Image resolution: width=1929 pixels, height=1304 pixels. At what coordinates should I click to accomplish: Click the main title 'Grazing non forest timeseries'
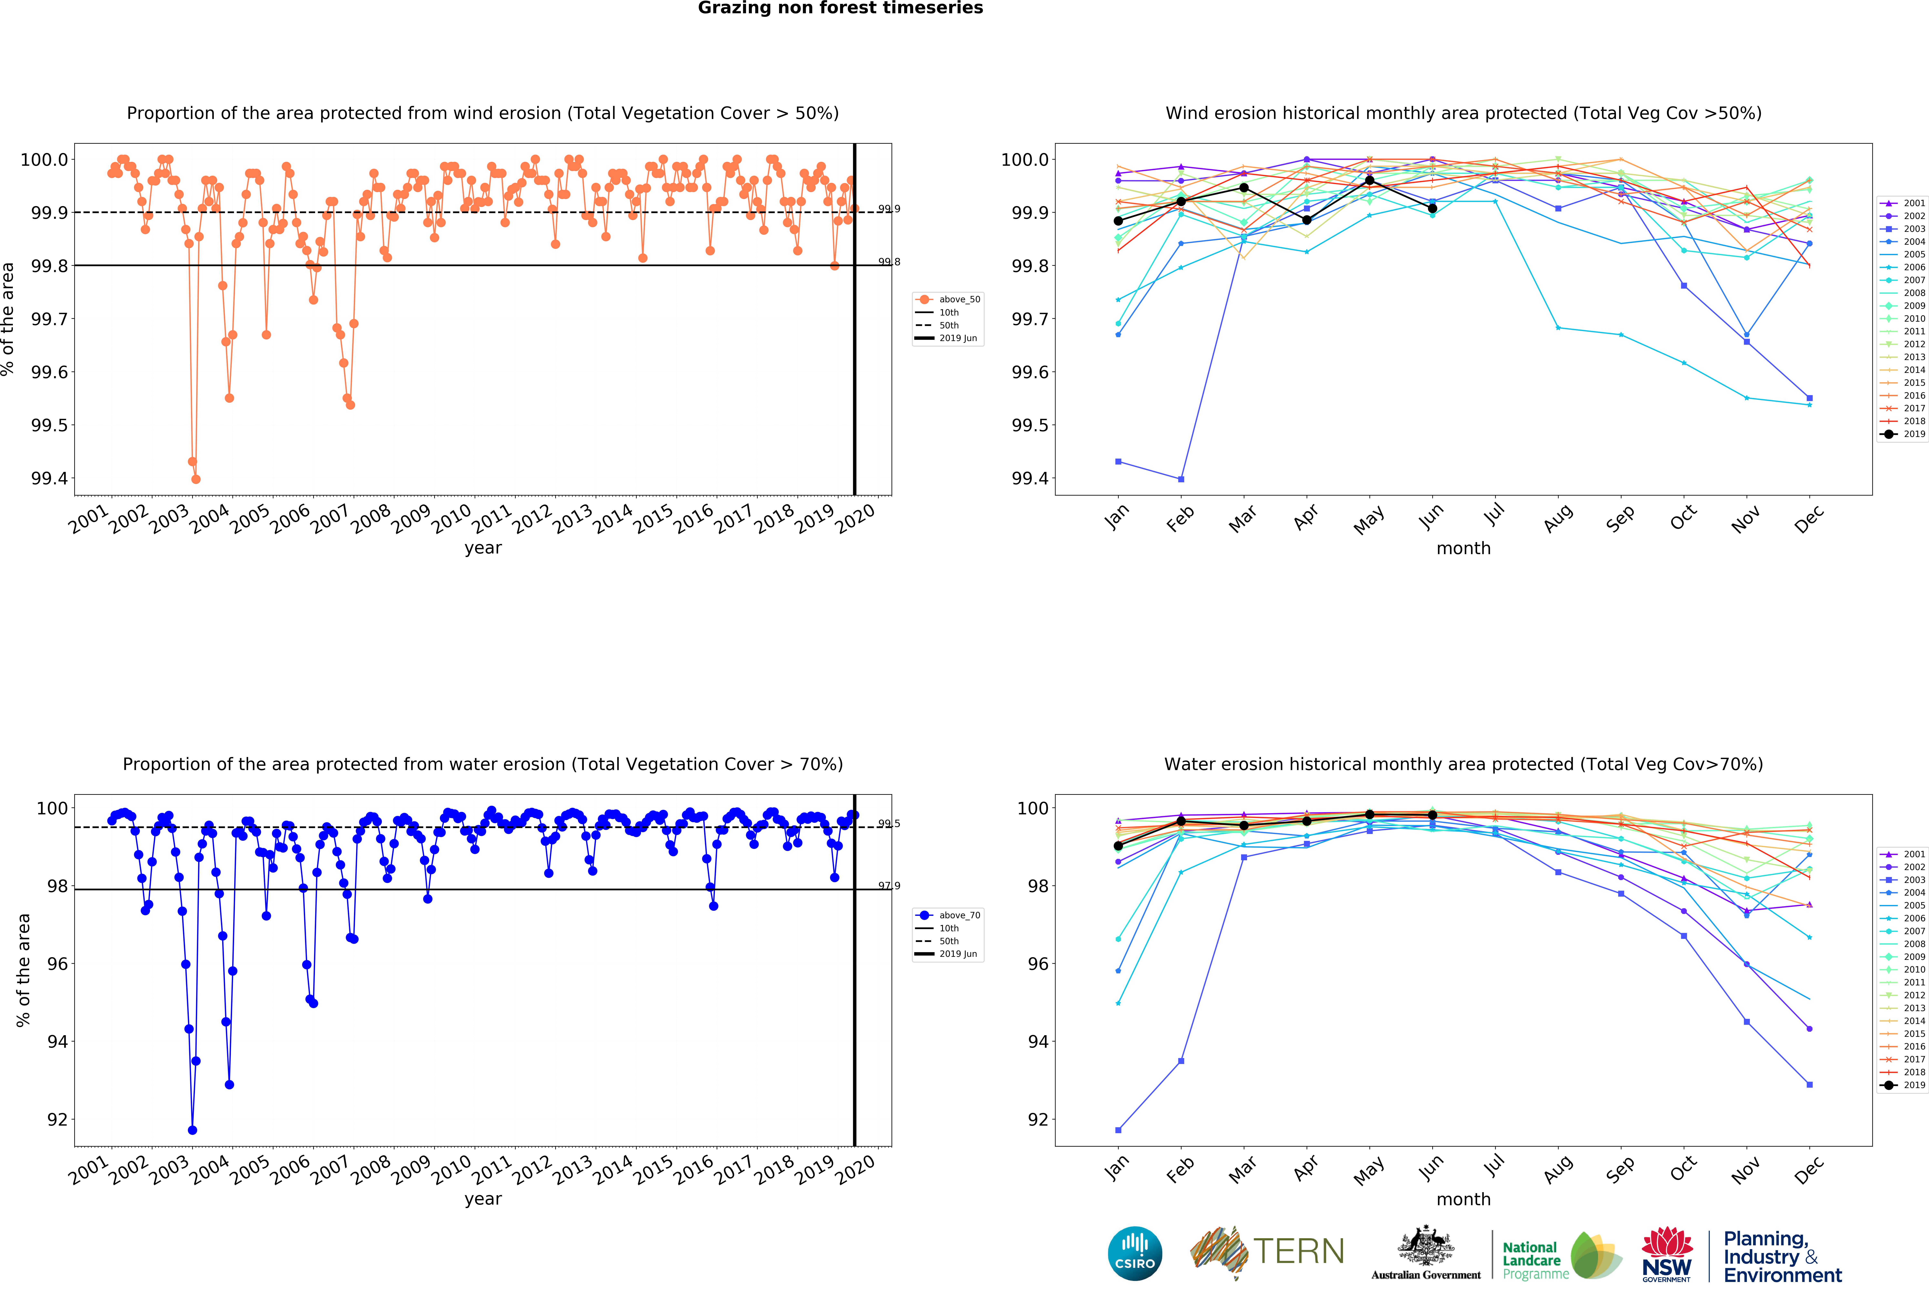(840, 8)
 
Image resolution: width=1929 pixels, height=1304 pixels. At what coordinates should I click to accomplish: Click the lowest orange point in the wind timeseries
(196, 479)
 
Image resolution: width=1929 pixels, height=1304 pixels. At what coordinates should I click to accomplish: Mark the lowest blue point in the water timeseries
(193, 1130)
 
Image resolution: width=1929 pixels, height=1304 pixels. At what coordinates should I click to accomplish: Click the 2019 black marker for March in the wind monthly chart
(1243, 188)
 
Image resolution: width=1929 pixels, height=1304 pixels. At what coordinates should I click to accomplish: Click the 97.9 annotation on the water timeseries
(889, 886)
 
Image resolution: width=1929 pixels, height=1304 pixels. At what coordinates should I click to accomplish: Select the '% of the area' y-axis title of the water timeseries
(23, 969)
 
